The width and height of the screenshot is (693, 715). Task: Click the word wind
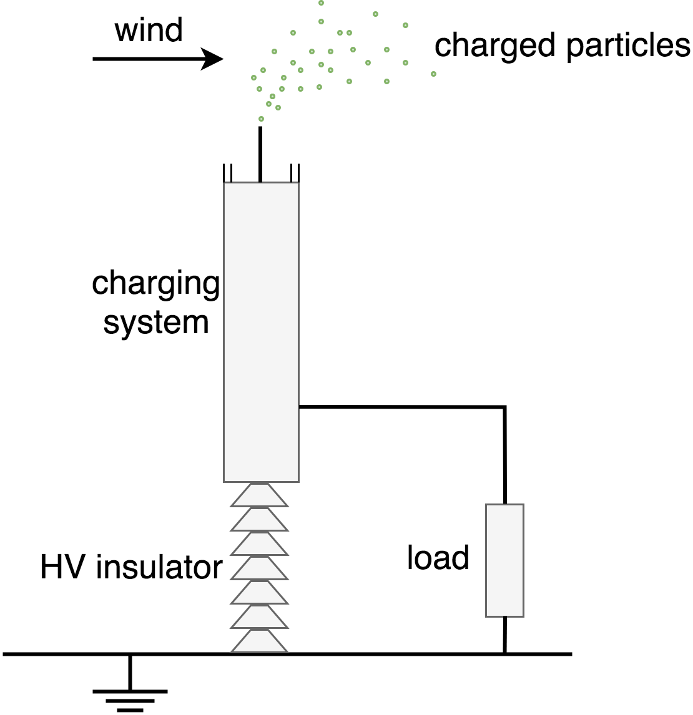[x=149, y=30]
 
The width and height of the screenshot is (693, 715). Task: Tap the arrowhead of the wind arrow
[x=212, y=59]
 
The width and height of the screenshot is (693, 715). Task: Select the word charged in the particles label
[x=497, y=47]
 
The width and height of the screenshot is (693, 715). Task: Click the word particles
[x=628, y=47]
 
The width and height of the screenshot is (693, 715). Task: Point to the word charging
[x=156, y=284]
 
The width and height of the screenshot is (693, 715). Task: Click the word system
[x=156, y=323]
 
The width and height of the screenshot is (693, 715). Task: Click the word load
[x=438, y=557]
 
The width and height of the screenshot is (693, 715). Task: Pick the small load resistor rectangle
[x=504, y=560]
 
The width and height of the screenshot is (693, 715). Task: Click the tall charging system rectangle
[x=261, y=332]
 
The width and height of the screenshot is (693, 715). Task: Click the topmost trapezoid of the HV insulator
[x=259, y=495]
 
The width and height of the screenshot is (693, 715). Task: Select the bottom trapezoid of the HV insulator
[x=259, y=641]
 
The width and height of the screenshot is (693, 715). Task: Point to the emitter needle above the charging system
[x=260, y=154]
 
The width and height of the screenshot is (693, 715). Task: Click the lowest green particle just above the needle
[x=261, y=119]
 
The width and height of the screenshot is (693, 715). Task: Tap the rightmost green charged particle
[x=433, y=74]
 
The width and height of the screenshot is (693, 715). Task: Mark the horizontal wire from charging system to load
[x=402, y=406]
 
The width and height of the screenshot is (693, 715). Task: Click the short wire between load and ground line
[x=504, y=635]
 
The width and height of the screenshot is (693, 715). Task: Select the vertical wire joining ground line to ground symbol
[x=130, y=673]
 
